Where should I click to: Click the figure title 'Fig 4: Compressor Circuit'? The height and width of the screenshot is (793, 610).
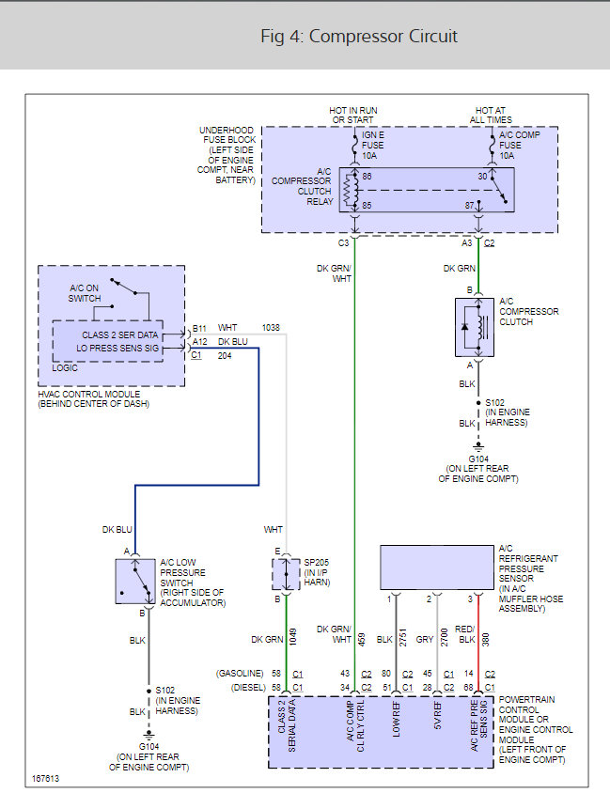tap(359, 37)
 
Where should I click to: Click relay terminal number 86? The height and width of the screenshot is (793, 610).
tap(367, 176)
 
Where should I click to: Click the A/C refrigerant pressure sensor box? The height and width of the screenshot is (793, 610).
tap(436, 567)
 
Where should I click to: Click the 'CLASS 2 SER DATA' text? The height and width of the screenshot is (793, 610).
tap(120, 334)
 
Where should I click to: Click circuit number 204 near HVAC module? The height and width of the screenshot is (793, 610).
tap(225, 356)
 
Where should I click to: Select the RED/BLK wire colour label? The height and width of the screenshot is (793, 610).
tap(465, 634)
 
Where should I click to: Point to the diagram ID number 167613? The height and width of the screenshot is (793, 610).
tap(46, 779)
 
